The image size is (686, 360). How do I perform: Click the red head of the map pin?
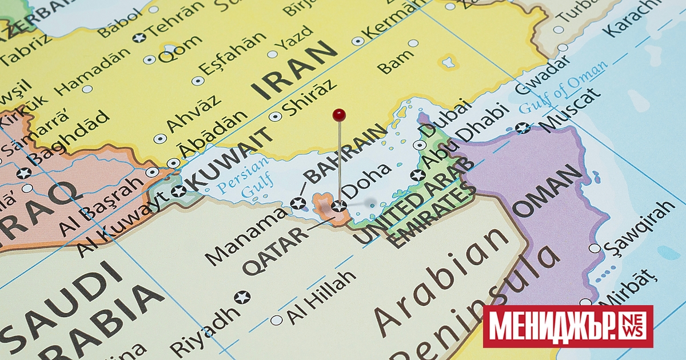pyautogui.click(x=340, y=115)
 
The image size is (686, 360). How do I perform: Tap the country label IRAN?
pyautogui.click(x=295, y=70)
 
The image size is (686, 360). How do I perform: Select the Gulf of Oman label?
pyautogui.click(x=563, y=87)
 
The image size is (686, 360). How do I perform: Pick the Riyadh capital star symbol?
pyautogui.click(x=242, y=297)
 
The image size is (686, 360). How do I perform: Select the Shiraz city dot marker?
pyautogui.click(x=276, y=116)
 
